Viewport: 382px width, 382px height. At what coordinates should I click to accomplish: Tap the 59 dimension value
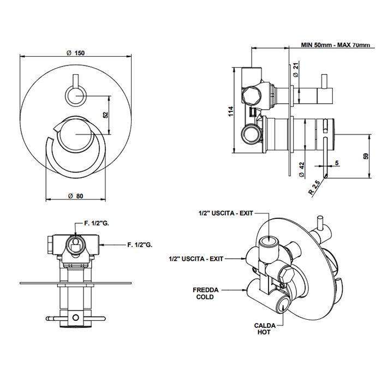pos(366,157)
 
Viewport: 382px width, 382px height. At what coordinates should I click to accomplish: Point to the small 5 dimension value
pos(337,163)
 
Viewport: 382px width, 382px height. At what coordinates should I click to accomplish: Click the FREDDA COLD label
pos(202,294)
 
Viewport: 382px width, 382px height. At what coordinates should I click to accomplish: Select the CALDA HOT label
pos(264,329)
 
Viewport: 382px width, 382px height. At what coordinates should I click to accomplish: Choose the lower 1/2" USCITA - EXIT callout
pos(197,256)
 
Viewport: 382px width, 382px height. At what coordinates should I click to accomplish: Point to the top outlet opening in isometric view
pos(268,240)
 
